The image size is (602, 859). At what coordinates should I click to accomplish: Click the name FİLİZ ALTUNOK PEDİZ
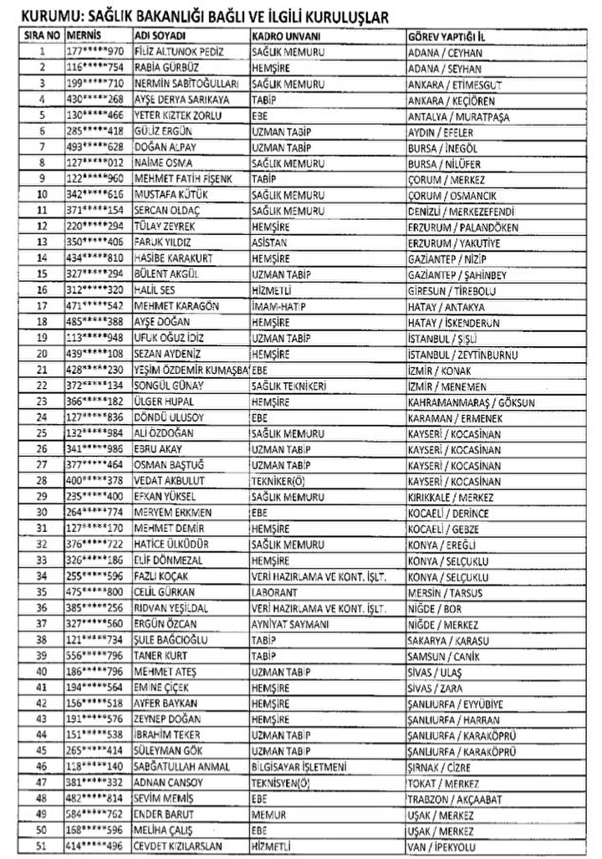tap(173, 51)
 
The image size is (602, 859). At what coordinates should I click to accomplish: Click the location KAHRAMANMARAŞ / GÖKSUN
tap(461, 401)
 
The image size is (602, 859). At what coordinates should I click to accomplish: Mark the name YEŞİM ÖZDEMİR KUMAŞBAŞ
tap(191, 370)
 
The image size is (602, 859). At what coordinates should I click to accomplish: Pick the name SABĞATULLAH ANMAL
tap(181, 765)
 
